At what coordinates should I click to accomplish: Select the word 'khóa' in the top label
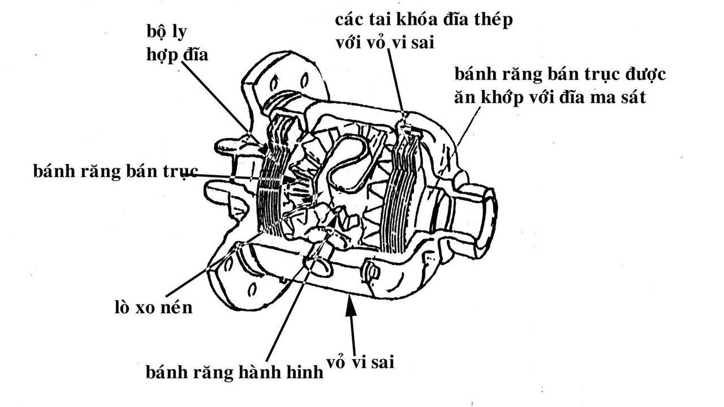423,20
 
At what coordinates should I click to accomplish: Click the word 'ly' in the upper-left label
182,32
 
